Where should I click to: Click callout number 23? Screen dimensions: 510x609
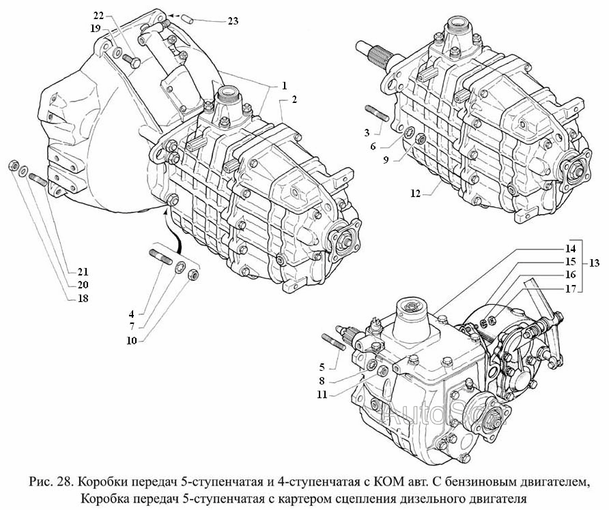233,21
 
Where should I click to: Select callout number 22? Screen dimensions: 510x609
98,15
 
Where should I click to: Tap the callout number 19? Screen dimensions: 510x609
95,28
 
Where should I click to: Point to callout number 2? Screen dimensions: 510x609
294,100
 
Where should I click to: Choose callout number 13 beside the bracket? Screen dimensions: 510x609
595,263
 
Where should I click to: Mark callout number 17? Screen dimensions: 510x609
569,288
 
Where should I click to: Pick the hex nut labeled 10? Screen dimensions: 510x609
193,276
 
